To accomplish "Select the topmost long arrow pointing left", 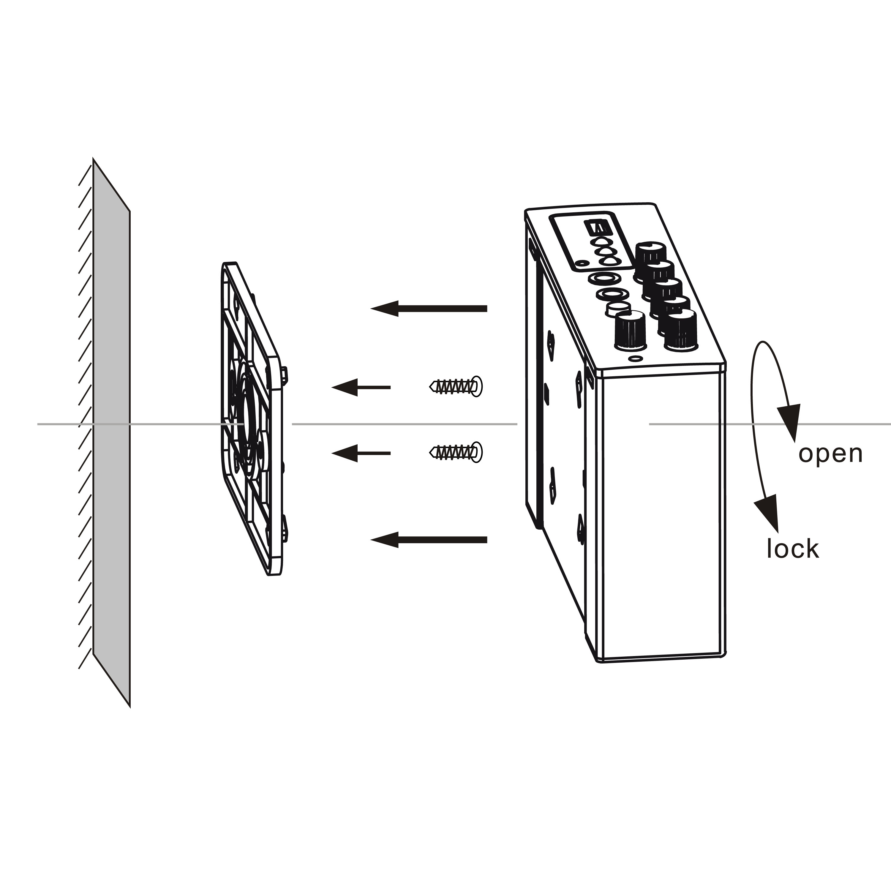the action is (x=429, y=309).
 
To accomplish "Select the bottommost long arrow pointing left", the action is (x=429, y=540).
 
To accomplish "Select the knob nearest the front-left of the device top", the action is (x=630, y=330).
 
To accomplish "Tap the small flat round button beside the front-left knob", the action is (x=618, y=309).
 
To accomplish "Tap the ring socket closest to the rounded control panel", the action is (x=603, y=279).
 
